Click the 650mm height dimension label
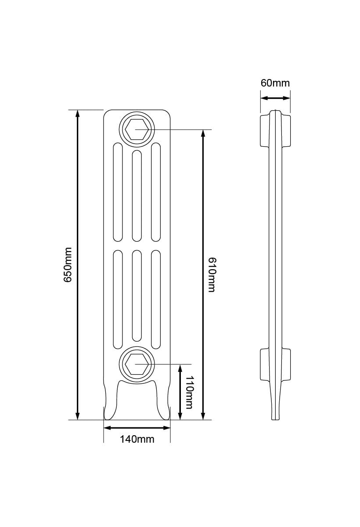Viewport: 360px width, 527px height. tap(68, 264)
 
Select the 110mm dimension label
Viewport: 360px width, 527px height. tap(189, 392)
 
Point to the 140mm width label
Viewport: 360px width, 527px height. tap(137, 439)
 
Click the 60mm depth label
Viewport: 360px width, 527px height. tap(275, 83)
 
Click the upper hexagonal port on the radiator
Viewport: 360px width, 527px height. tap(137, 130)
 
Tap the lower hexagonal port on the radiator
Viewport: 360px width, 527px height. tap(137, 365)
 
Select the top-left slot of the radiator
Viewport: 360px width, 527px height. tap(118, 192)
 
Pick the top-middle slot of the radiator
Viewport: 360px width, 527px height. tap(137, 196)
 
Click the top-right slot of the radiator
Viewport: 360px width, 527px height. tap(155, 192)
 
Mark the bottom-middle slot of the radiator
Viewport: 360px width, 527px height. tap(137, 296)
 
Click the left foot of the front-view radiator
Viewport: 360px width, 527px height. tap(110, 402)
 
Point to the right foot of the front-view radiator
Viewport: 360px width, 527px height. tap(163, 402)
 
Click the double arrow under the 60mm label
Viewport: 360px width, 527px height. tap(275, 98)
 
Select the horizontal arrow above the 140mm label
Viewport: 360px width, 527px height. tap(137, 427)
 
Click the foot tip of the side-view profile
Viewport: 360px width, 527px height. tap(275, 415)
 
